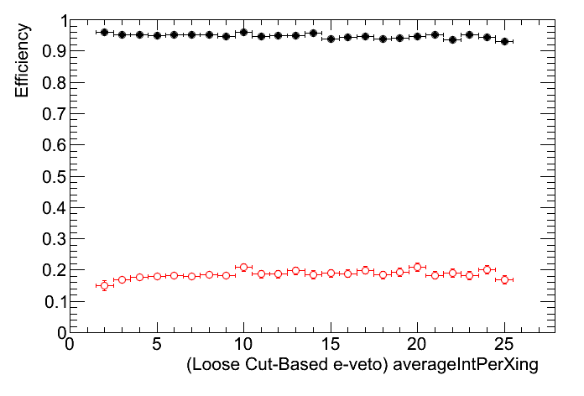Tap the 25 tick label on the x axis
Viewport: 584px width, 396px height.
pos(503,345)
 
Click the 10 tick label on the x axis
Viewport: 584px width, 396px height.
pos(243,345)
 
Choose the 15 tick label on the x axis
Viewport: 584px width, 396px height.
pos(331,345)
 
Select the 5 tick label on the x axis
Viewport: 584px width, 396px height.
pos(157,345)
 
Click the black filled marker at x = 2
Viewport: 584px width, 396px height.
pos(104,32)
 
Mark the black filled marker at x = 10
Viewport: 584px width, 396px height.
pos(243,32)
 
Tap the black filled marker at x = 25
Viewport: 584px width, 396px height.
pos(504,41)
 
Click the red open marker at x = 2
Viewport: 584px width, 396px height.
pos(104,285)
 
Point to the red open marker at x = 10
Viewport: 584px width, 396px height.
pos(243,267)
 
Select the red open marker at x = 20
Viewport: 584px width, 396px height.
pos(417,267)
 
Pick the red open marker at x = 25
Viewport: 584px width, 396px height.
pos(504,279)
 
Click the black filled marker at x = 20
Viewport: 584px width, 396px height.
pos(417,36)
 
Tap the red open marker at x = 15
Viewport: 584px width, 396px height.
pos(331,274)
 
